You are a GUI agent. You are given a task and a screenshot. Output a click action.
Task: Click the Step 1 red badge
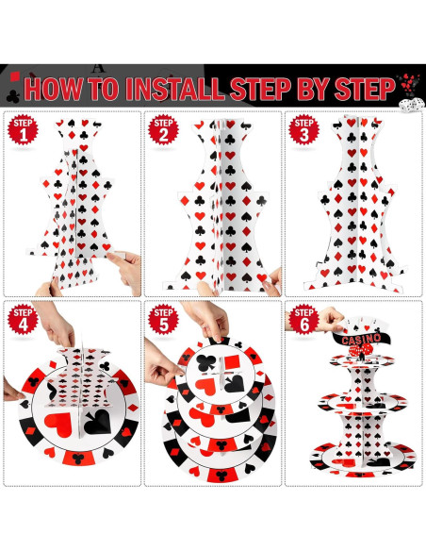(x=23, y=129)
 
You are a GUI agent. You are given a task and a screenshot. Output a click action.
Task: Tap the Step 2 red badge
(x=164, y=129)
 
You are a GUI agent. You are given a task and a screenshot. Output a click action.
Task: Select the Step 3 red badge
(x=303, y=129)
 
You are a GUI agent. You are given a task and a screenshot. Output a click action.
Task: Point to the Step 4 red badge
(x=23, y=319)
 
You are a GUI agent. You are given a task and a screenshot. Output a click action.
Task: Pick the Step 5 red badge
(x=164, y=319)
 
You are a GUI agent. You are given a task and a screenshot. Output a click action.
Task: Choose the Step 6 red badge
(x=303, y=319)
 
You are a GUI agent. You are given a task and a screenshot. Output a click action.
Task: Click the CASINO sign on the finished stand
(x=356, y=339)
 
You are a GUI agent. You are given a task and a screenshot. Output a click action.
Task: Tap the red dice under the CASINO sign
(x=360, y=350)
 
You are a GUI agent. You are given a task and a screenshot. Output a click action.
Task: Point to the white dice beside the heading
(x=412, y=105)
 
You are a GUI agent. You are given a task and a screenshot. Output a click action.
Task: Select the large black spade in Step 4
(x=98, y=422)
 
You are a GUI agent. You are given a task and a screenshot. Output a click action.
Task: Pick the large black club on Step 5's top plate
(x=206, y=363)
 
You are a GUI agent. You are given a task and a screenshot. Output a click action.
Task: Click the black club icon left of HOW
(x=13, y=96)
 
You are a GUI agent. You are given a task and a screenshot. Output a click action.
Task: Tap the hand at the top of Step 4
(x=56, y=324)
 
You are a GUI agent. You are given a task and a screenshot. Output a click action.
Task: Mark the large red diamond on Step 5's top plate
(x=232, y=361)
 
